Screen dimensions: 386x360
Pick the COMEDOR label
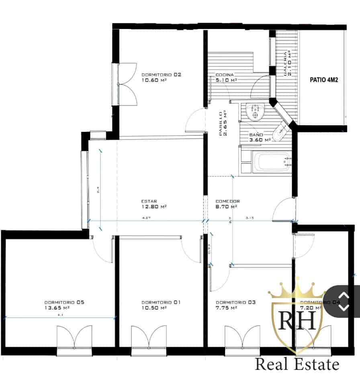tap(227, 201)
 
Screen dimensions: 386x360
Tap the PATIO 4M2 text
tap(324, 80)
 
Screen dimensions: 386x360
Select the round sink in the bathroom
tap(254, 112)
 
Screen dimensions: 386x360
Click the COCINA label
tap(225, 75)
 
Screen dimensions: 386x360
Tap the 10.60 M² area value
tap(154, 80)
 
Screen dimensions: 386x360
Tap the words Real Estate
tap(297, 365)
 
